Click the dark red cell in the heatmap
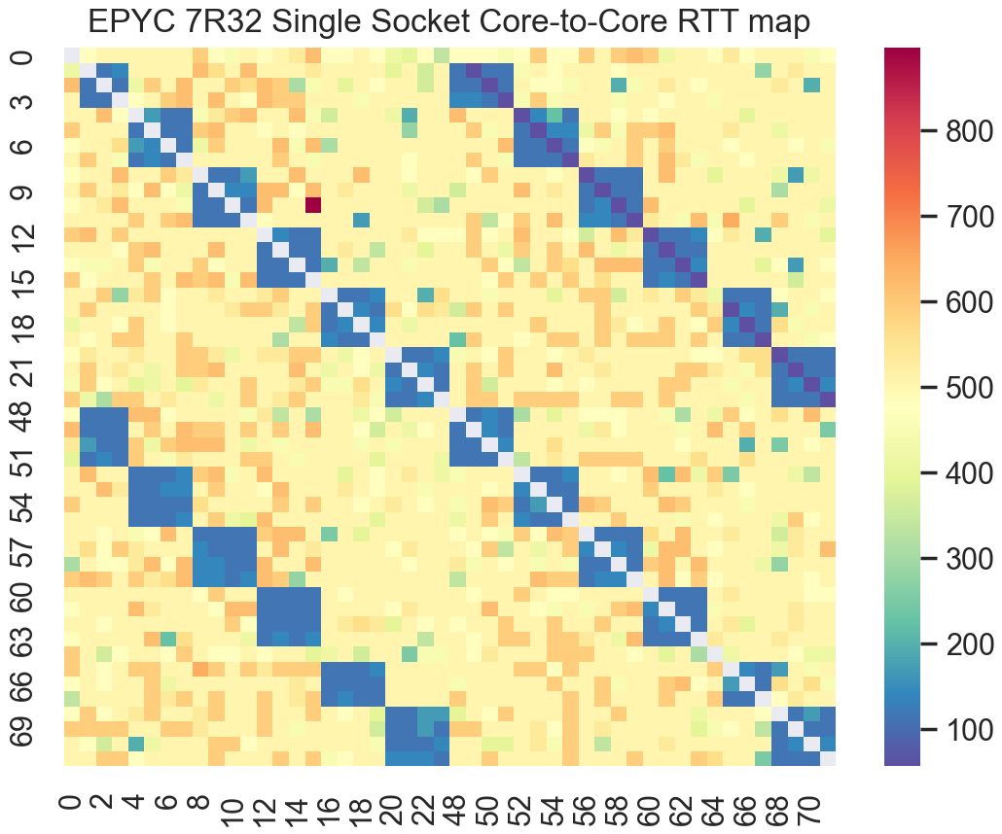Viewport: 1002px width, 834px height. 313,204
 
